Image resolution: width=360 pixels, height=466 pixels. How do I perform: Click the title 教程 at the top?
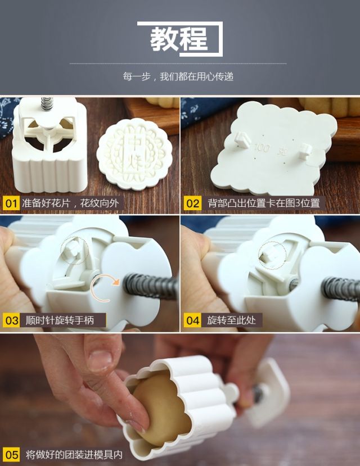[x=179, y=39]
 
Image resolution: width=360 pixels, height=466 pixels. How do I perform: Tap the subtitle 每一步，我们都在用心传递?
[x=178, y=76]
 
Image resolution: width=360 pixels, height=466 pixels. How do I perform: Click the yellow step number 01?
[x=11, y=203]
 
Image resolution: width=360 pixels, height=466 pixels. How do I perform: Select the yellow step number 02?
[x=192, y=203]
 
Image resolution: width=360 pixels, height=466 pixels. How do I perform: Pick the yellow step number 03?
[x=11, y=320]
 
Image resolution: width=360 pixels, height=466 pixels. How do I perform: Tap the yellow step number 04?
[x=192, y=320]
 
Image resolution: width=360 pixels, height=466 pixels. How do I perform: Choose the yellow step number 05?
[x=11, y=455]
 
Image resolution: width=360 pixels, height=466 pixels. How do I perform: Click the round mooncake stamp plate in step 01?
[x=134, y=154]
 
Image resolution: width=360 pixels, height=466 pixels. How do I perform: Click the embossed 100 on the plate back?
[x=262, y=148]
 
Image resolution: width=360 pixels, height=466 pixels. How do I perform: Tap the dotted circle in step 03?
[x=75, y=251]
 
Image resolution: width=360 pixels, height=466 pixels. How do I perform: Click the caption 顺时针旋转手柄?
[x=60, y=320]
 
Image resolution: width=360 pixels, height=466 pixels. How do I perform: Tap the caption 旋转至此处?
[x=232, y=320]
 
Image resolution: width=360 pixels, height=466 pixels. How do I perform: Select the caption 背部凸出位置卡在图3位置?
[x=264, y=203]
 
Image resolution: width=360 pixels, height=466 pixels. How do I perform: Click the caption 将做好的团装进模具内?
[x=74, y=455]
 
